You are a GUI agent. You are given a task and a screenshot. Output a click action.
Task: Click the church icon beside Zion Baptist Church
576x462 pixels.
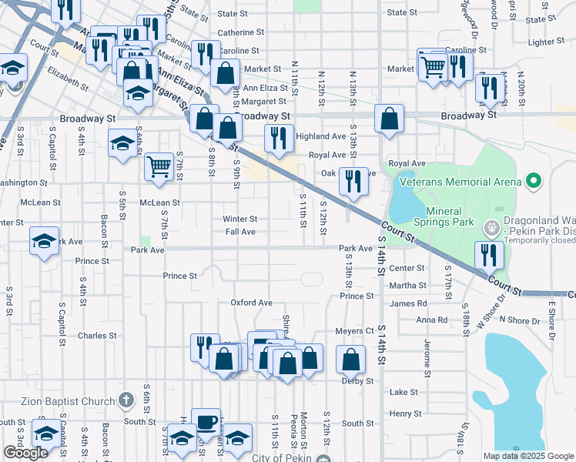127,400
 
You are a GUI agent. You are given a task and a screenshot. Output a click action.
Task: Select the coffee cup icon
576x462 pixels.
206,421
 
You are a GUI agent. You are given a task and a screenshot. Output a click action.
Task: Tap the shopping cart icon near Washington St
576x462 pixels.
159,166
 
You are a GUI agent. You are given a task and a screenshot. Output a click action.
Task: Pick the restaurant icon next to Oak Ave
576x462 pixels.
353,181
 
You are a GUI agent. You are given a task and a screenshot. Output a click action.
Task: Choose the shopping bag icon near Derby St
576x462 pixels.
351,359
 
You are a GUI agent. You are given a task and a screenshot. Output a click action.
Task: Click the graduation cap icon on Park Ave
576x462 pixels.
44,240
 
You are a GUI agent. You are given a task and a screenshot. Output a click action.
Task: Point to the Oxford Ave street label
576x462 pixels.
251,303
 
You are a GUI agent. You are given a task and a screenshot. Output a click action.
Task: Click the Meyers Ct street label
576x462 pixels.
354,331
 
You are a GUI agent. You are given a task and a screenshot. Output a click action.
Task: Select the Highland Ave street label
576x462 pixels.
321,136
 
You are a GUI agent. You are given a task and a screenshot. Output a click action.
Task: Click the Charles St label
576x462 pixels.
97,336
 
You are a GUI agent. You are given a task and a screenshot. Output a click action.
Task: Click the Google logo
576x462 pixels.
25,453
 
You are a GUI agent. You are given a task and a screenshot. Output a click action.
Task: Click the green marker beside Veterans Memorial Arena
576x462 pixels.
532,182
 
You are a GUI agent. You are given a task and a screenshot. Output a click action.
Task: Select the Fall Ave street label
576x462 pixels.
240,232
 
